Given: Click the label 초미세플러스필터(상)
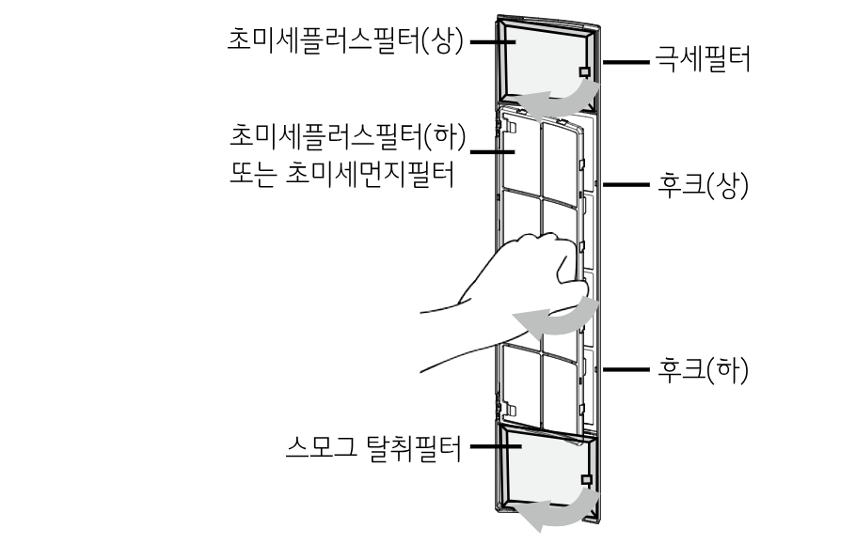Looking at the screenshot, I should pos(346,40).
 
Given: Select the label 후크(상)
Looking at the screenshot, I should pos(703,184).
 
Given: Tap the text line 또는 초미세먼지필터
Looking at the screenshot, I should pos(341,175).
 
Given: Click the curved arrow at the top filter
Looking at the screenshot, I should pos(561,95).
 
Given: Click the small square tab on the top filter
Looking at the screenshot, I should pos(585,71).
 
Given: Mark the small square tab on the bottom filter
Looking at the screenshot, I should pos(586,479).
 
